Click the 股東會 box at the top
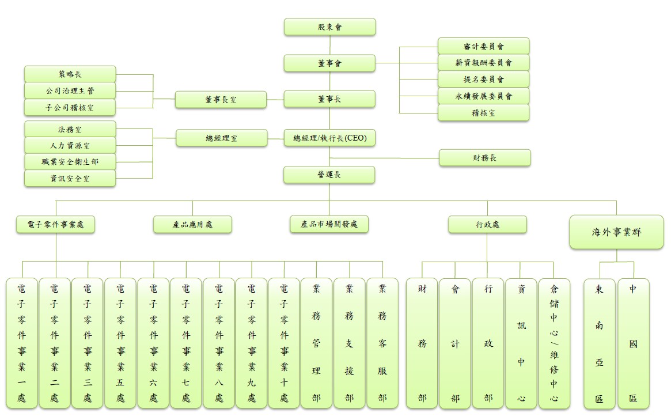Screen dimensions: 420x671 329,27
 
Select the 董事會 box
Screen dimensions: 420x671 329,63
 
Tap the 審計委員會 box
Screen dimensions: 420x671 483,47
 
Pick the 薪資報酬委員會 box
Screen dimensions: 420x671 483,63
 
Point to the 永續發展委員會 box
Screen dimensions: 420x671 483,96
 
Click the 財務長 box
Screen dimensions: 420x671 484,158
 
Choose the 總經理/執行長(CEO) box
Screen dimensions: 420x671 329,138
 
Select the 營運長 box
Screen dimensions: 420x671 329,175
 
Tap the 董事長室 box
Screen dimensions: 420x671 221,100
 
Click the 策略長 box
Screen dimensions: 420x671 70,74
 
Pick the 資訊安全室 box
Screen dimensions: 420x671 70,179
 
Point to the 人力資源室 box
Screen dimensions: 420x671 70,146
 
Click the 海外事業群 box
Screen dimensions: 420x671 616,232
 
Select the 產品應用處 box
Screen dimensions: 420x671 192,225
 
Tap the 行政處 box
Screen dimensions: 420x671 487,225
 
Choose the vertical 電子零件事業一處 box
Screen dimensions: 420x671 22,343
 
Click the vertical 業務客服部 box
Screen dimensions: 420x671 382,343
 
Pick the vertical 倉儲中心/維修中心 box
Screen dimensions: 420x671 554,343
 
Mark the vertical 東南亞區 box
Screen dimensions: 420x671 599,343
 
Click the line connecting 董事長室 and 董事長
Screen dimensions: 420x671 275,100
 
